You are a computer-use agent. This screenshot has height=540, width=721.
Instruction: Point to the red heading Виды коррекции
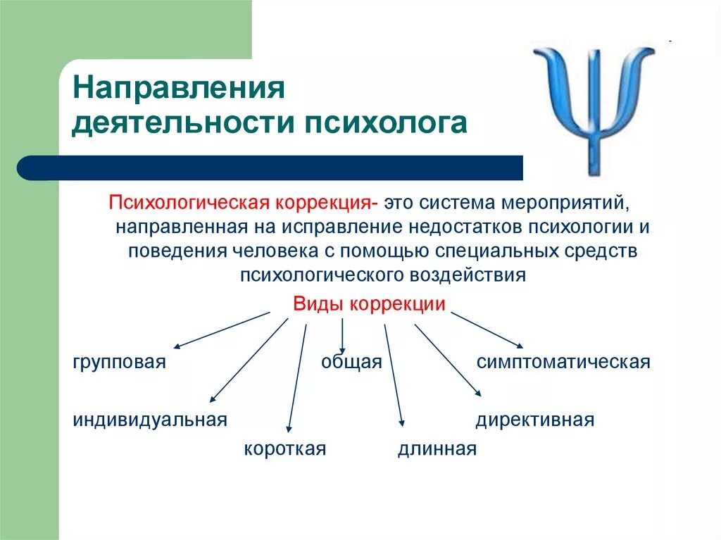(369, 304)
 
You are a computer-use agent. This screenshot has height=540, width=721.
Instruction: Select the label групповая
(119, 362)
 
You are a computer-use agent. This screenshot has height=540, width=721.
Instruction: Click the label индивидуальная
(150, 420)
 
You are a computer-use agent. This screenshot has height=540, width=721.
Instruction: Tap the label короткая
(285, 448)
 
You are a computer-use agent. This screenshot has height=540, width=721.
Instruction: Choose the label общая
(351, 362)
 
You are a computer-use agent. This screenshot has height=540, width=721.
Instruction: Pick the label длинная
(437, 448)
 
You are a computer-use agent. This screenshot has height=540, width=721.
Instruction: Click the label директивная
(535, 420)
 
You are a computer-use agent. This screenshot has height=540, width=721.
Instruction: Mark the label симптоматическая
(563, 362)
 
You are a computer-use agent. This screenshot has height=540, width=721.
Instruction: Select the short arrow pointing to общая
(342, 334)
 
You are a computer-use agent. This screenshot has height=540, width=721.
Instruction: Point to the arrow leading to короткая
(297, 377)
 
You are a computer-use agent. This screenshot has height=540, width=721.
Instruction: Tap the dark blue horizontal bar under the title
(275, 168)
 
